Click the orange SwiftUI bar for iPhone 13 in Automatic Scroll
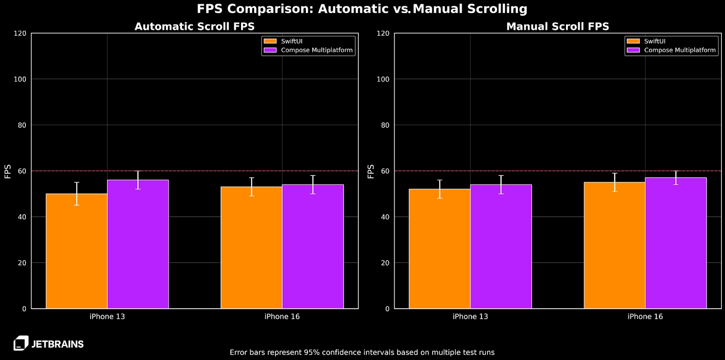(77, 254)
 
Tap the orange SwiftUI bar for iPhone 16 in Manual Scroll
(614, 247)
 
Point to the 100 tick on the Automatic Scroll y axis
(20, 79)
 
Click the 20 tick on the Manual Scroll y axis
(385, 263)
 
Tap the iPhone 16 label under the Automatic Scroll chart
(282, 316)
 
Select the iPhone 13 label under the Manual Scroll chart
(470, 316)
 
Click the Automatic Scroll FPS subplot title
(194, 26)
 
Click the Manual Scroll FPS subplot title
(557, 26)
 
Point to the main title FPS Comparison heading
(362, 9)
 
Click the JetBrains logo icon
(21, 343)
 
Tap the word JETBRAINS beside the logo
(58, 344)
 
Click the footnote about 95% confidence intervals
(362, 352)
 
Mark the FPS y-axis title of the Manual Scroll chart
(371, 171)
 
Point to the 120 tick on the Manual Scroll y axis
(383, 34)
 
